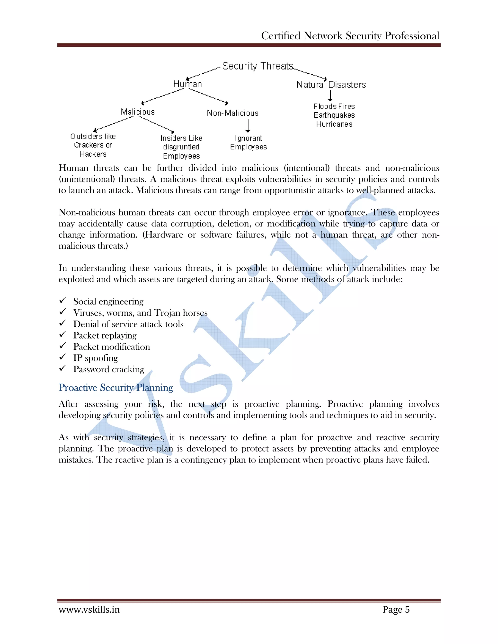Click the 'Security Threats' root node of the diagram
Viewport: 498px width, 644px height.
[258, 66]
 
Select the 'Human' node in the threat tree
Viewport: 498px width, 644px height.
[187, 84]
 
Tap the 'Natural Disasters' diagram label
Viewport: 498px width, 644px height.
[331, 85]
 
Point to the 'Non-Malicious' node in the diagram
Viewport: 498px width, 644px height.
[232, 113]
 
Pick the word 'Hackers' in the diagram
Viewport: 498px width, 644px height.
[93, 154]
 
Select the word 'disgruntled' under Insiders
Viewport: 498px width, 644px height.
[181, 147]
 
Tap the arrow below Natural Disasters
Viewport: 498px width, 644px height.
[330, 96]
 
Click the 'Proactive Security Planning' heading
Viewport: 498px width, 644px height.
[116, 387]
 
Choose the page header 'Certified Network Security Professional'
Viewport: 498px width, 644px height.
[350, 36]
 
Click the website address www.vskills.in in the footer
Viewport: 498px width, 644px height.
[89, 609]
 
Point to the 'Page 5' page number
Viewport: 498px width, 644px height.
[396, 609]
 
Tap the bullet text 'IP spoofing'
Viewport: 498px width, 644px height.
[95, 358]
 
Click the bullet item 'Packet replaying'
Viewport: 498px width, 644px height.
[105, 336]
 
